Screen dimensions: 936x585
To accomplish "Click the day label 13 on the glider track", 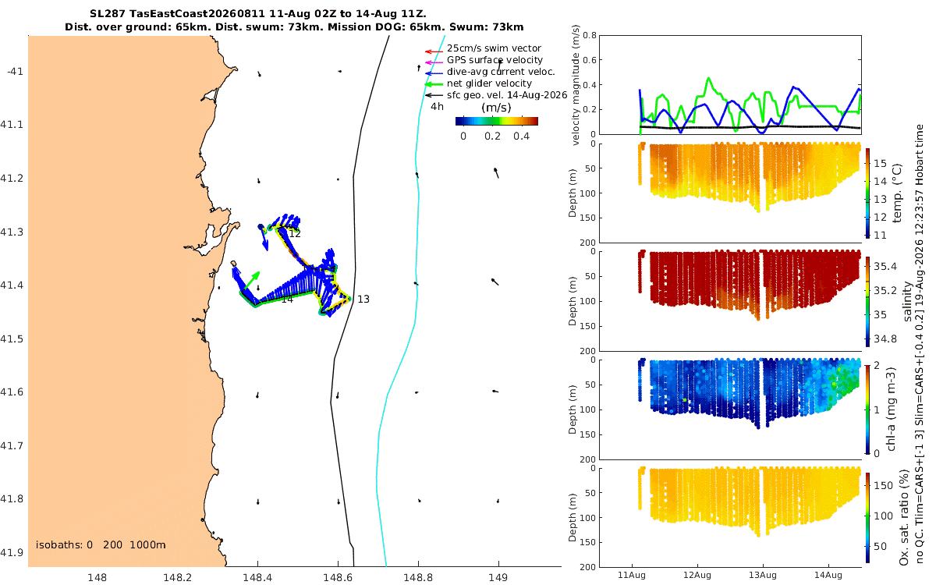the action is (x=363, y=300).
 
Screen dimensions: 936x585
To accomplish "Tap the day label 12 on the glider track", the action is (x=295, y=234).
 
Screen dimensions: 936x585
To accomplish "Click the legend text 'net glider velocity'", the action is (x=489, y=83).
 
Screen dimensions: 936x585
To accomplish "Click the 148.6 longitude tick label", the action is (x=338, y=577).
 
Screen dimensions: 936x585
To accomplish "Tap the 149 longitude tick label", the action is (x=498, y=577).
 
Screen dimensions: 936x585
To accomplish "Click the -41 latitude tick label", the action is (x=15, y=72).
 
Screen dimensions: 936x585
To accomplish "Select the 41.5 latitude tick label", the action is (x=12, y=339).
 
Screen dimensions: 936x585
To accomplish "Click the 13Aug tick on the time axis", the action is (x=763, y=575).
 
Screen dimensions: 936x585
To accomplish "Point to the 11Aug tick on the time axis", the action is (x=631, y=575).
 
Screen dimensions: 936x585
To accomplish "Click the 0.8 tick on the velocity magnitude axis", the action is (x=590, y=36).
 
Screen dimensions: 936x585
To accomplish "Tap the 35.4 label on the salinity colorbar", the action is (x=885, y=267).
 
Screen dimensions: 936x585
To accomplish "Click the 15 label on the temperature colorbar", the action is (x=880, y=163).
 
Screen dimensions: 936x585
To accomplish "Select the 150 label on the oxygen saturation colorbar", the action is (x=883, y=485).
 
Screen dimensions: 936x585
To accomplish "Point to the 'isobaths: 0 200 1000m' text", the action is (x=101, y=545).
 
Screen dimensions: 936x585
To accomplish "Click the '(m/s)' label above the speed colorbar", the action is (x=496, y=108).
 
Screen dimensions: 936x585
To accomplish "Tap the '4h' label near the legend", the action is (x=437, y=107).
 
